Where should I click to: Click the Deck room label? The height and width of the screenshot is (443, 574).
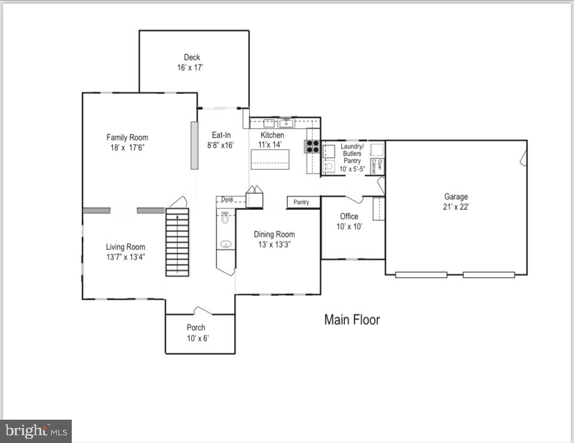coord(192,57)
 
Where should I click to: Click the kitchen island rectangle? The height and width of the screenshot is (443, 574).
coord(270,159)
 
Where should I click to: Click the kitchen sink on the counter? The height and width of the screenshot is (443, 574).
coord(286,123)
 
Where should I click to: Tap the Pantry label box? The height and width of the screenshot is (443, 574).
coord(301,202)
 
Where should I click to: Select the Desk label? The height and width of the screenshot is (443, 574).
coord(227,200)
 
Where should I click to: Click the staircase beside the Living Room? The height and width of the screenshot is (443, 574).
coord(177,242)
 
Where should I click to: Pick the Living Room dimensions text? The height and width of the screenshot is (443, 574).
coord(126,257)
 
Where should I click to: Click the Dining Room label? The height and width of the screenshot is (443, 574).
coord(274,234)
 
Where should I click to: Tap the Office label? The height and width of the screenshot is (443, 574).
coord(349,216)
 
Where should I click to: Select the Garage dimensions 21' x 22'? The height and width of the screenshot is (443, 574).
coord(456,207)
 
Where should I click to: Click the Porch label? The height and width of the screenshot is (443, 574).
coord(196,328)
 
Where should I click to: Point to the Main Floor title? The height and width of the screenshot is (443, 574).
coord(352,320)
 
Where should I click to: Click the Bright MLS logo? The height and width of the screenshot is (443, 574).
coord(36,430)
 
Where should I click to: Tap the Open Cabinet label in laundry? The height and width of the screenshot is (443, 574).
coord(377,166)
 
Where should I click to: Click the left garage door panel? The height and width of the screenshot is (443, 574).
coord(421,274)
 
